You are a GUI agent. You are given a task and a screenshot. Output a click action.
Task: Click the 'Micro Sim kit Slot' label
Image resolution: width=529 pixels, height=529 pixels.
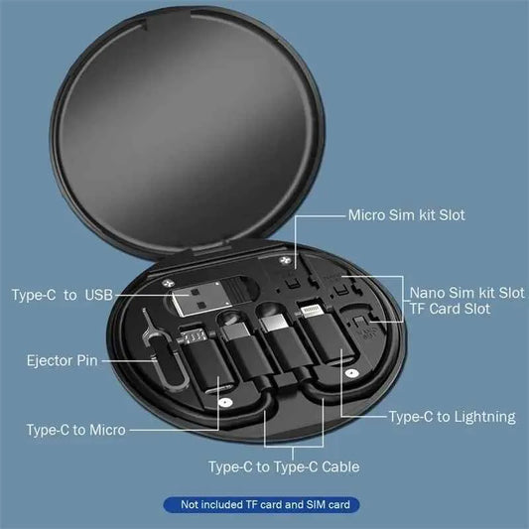pos(406,214)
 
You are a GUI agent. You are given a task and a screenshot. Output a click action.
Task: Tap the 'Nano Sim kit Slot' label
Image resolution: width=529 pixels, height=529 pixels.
pos(467,293)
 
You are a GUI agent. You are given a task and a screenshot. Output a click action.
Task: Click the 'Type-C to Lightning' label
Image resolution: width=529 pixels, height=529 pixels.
pos(452,417)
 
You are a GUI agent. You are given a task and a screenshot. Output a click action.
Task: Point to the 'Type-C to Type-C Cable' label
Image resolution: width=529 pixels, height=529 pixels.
pos(283,466)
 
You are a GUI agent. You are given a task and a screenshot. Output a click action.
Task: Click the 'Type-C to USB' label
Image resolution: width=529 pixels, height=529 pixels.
pos(63,295)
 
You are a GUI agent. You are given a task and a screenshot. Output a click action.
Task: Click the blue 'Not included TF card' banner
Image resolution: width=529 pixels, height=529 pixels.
pos(264,505)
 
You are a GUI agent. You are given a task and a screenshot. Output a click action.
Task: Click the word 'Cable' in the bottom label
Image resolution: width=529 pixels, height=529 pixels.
pos(338,466)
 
